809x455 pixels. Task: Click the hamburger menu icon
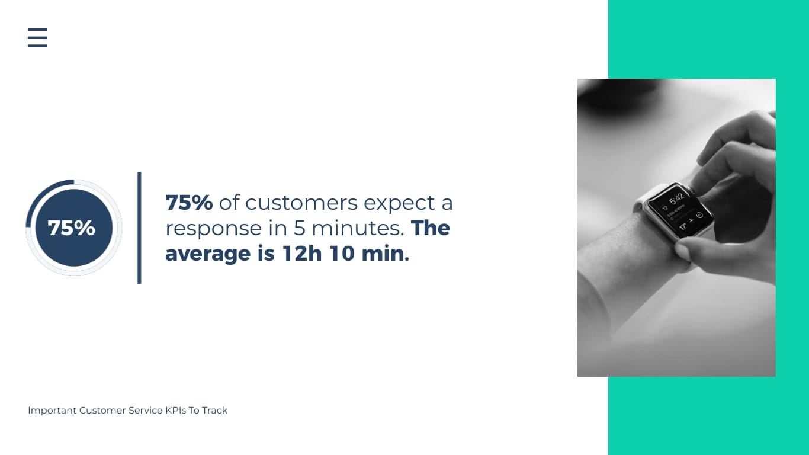(x=37, y=37)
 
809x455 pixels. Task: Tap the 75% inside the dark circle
(x=72, y=228)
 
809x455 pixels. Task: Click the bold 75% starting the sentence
(x=189, y=203)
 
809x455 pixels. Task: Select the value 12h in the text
(x=301, y=254)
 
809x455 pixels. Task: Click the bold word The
(x=431, y=228)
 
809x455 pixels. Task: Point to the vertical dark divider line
(x=139, y=227)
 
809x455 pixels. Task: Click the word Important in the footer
(x=52, y=411)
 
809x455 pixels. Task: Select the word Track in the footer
(x=214, y=411)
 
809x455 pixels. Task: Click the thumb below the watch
(x=690, y=252)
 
